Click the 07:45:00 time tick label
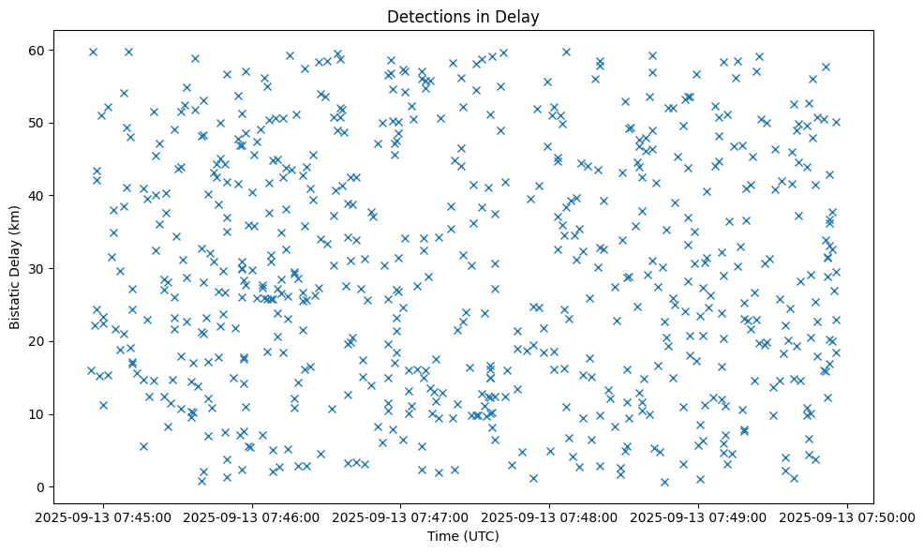[x=104, y=516]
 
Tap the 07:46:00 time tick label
[x=253, y=516]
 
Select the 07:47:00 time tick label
[x=401, y=516]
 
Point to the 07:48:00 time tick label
[x=550, y=516]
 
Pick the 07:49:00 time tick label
[x=699, y=516]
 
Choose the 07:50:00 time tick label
[x=848, y=516]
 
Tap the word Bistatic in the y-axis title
[x=15, y=300]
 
